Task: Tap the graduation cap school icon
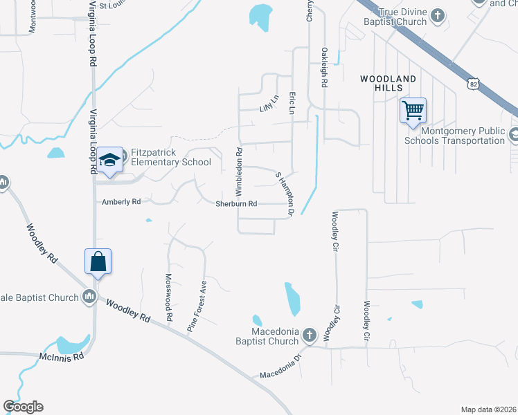109,160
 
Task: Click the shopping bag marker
98,261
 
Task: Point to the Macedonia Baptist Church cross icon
310,335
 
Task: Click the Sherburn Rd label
236,204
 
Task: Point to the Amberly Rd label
121,202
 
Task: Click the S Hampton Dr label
286,194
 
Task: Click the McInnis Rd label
62,356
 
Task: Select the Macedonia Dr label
282,367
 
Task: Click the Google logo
24,406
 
